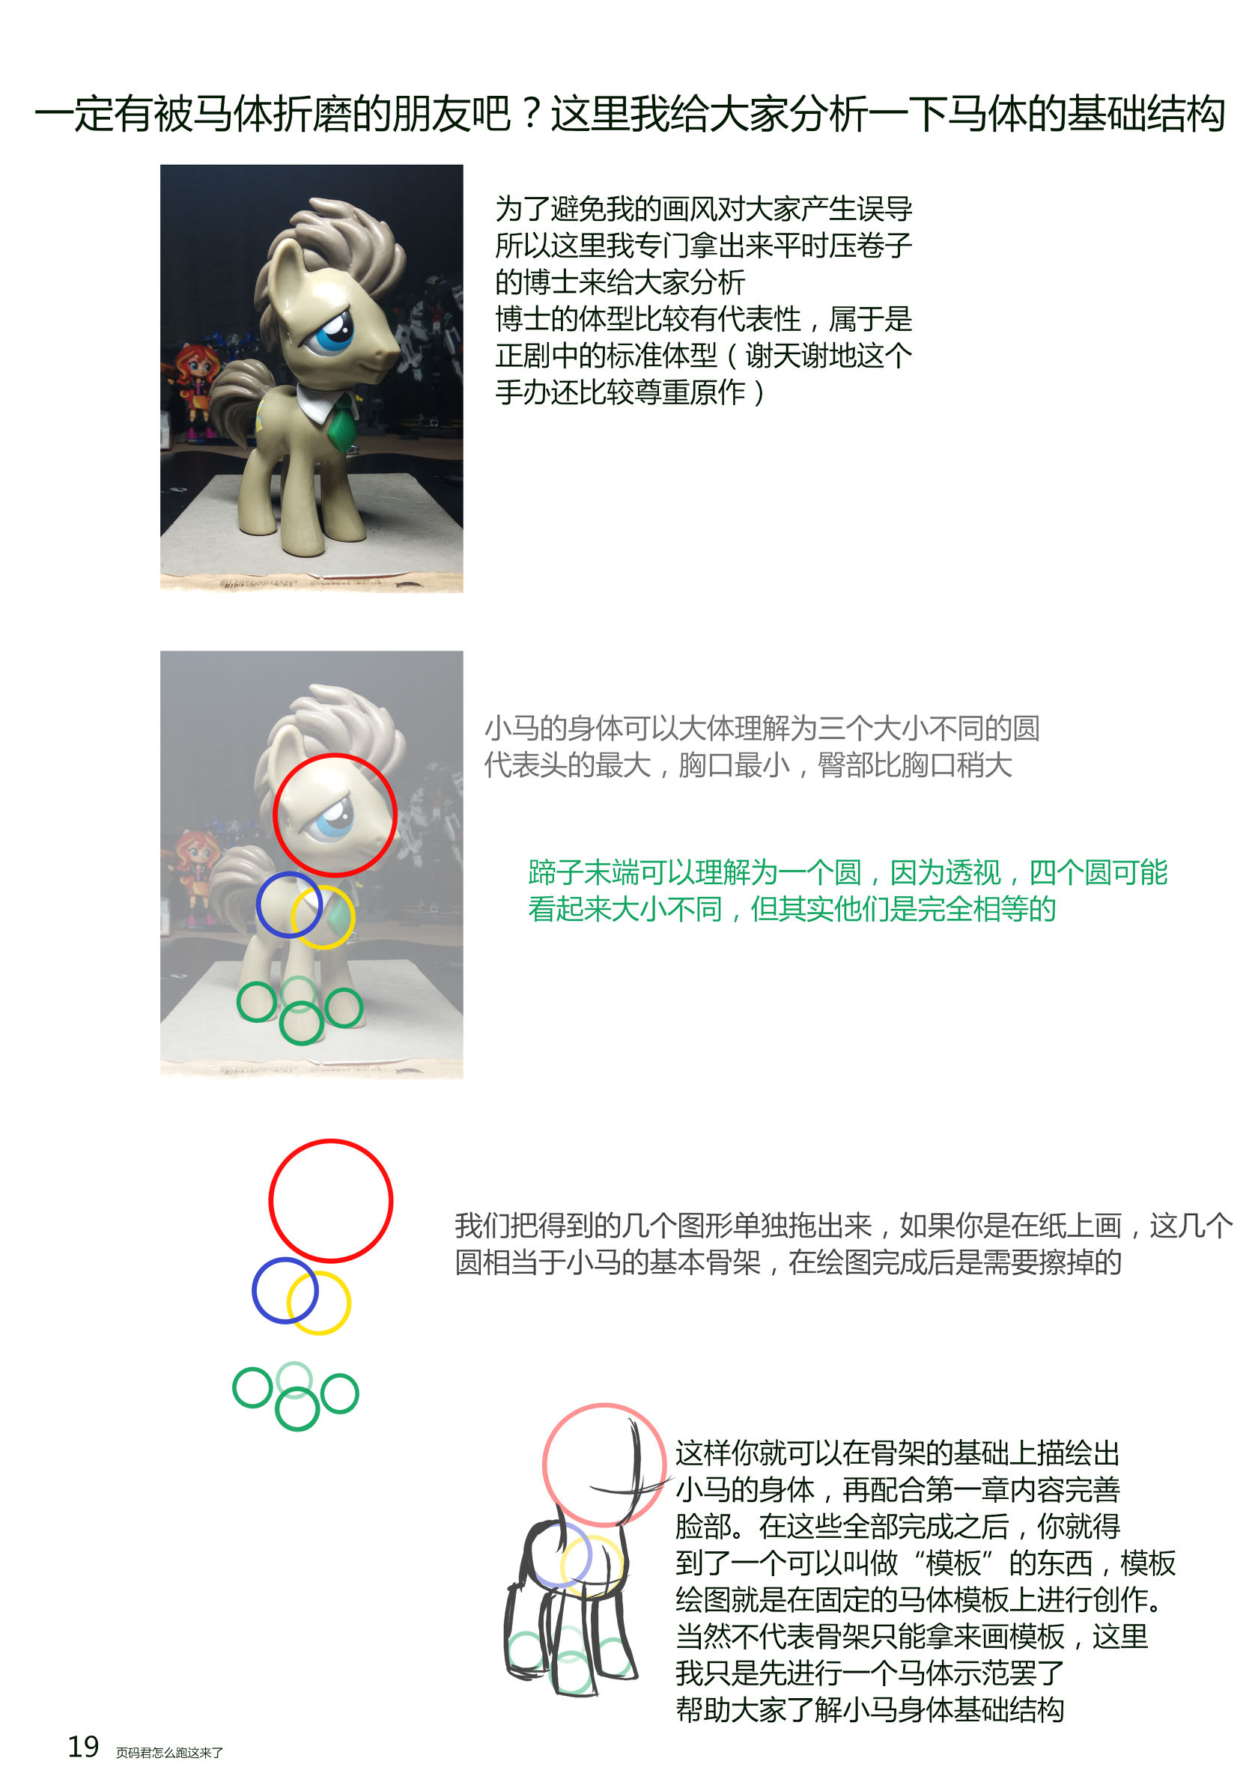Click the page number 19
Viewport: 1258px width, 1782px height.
click(83, 1746)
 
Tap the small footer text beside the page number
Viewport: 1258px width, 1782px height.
click(169, 1753)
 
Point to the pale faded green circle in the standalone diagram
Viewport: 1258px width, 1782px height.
click(294, 1363)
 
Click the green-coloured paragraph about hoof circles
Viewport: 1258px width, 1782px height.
click(848, 890)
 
